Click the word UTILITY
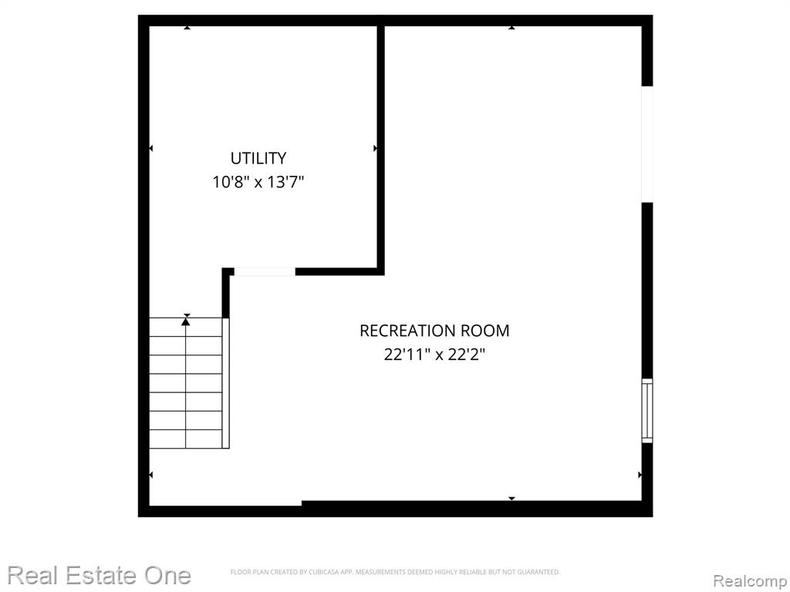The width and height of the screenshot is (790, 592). tap(258, 158)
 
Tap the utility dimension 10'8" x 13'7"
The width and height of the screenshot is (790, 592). tap(258, 182)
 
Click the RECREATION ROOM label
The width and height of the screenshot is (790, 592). tap(434, 331)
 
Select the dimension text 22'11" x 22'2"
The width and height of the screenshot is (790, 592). tap(434, 355)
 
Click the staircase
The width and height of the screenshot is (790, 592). tap(186, 382)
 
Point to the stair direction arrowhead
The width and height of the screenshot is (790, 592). tap(186, 321)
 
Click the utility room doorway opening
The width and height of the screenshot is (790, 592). tap(265, 272)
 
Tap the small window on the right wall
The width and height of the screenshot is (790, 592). tap(647, 411)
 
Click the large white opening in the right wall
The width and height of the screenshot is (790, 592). tap(647, 144)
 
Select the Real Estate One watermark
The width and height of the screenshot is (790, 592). tap(100, 575)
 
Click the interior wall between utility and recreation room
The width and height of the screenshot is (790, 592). tap(381, 146)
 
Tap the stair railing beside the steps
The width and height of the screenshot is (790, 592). tap(226, 382)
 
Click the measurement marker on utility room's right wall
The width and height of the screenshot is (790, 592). tap(375, 148)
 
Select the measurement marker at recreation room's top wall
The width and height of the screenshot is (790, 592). tap(511, 28)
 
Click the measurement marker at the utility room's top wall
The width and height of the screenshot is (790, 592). tap(187, 28)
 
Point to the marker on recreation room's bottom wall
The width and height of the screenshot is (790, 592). tap(511, 499)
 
